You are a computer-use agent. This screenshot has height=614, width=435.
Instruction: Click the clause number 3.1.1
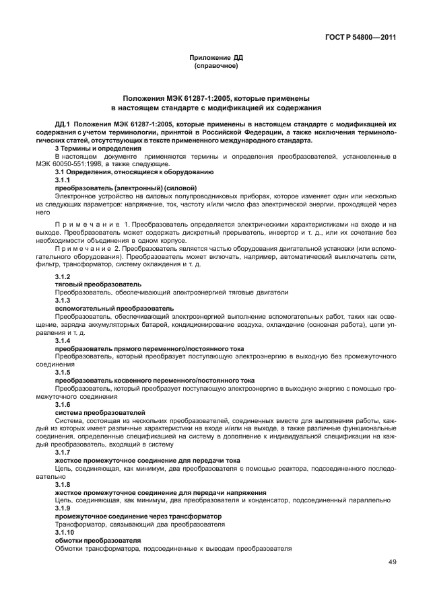click(x=62, y=181)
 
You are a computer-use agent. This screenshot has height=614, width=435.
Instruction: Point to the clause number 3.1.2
click(x=62, y=277)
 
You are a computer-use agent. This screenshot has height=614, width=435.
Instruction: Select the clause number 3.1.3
click(x=62, y=299)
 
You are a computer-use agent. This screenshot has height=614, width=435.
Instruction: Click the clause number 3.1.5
click(x=62, y=372)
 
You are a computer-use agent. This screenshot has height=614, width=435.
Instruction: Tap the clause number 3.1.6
click(x=62, y=404)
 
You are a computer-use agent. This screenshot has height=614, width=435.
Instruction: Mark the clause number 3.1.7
click(x=62, y=453)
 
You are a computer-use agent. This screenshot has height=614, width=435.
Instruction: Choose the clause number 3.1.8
click(x=62, y=484)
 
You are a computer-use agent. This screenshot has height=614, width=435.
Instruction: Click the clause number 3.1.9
click(x=62, y=508)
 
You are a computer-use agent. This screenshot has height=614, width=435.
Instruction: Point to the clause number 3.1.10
click(x=64, y=532)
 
